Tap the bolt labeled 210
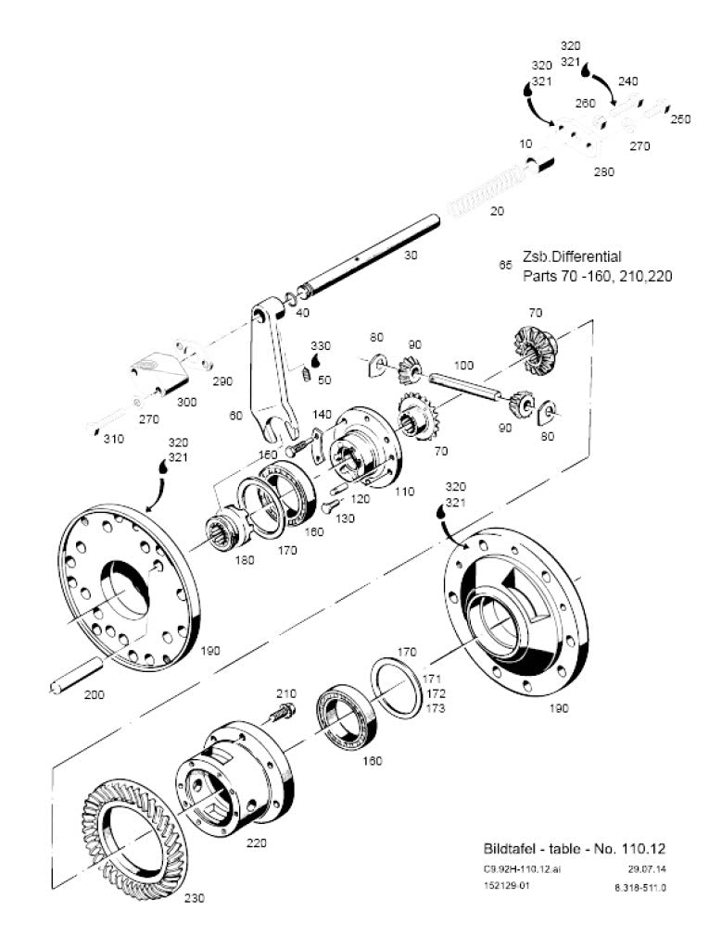279,714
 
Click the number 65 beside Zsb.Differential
505,265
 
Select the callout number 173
436,707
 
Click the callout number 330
320,345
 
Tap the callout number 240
627,81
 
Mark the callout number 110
404,492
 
